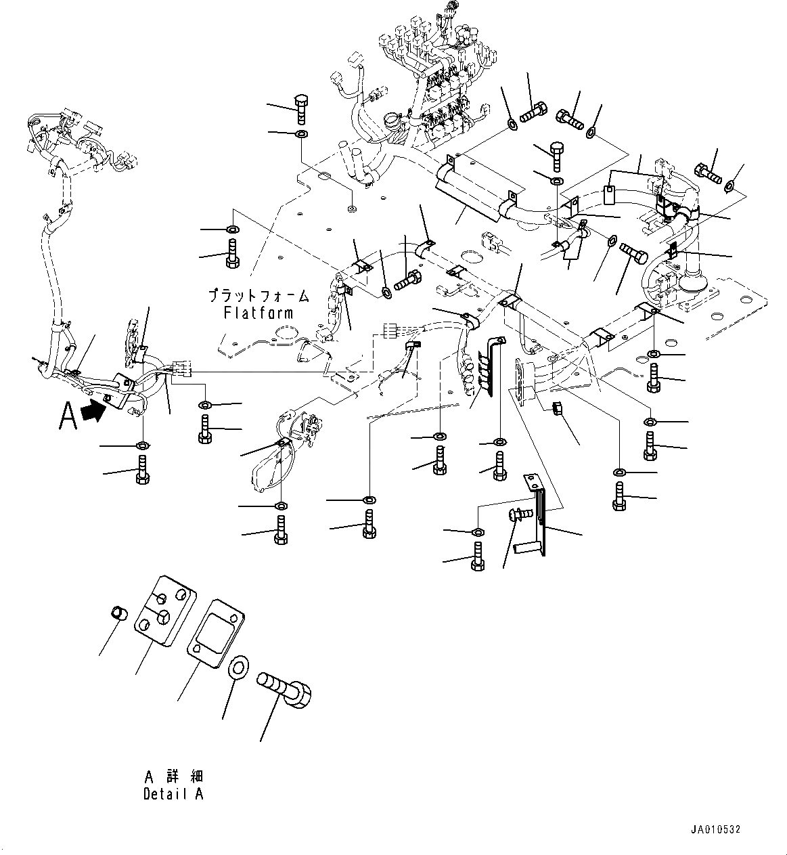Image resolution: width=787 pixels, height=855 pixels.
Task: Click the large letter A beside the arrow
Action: [68, 416]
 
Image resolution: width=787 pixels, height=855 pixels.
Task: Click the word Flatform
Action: [258, 313]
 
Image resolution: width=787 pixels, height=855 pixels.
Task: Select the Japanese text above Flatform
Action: [258, 296]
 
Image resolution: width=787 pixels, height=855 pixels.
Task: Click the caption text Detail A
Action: [173, 794]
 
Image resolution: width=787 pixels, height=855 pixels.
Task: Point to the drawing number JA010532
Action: [716, 829]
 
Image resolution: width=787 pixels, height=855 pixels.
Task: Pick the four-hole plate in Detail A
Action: [164, 610]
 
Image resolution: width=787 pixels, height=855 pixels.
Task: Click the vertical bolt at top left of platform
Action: [302, 108]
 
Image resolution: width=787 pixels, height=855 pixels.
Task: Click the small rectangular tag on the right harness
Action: [608, 194]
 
